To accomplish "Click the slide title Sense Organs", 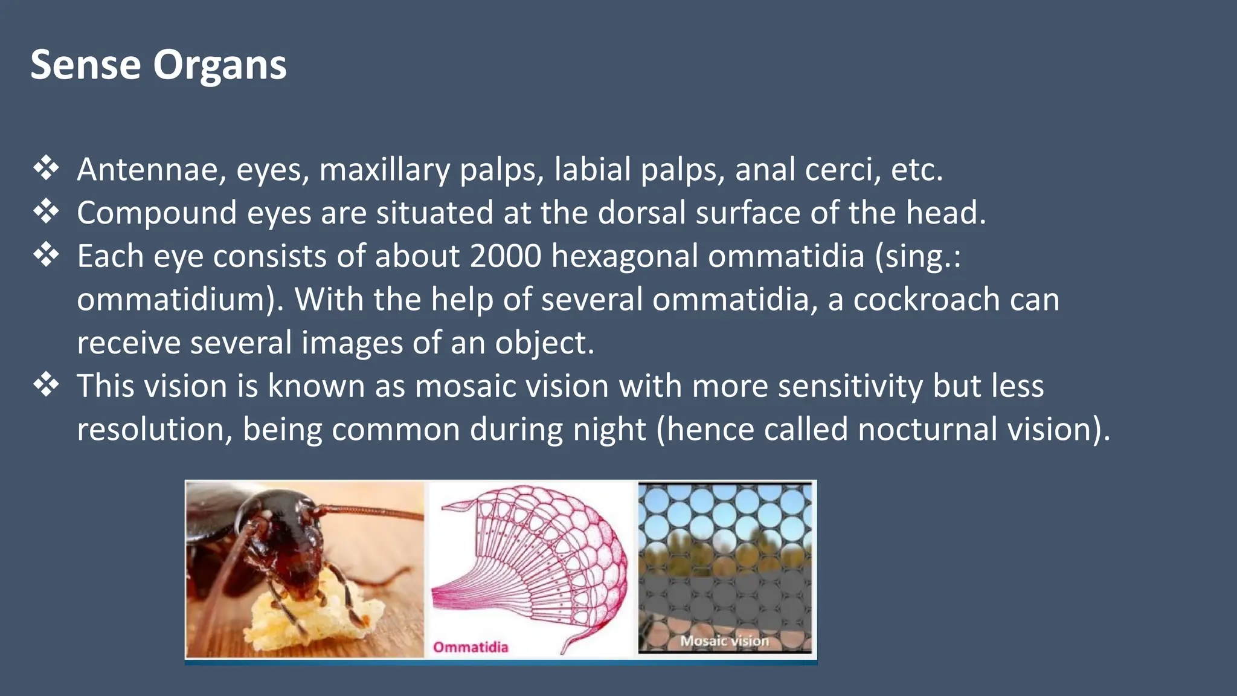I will click(158, 65).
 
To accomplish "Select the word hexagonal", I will click(625, 256).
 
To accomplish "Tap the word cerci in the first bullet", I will click(843, 169).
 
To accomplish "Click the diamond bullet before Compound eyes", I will click(47, 211).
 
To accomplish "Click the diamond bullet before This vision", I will click(47, 385).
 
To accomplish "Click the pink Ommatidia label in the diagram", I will click(471, 647).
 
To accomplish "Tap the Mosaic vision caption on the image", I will click(724, 641).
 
